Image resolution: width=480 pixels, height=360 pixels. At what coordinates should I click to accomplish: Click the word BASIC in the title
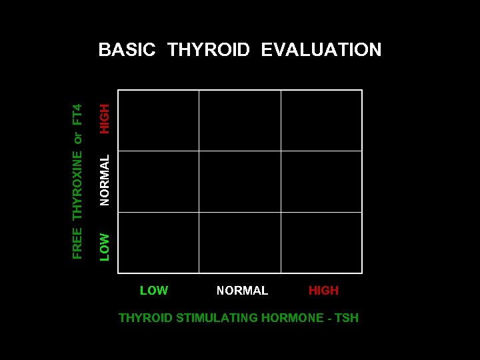127,50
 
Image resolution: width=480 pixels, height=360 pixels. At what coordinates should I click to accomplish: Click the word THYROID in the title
209,50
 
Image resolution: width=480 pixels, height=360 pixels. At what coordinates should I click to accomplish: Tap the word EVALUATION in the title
321,50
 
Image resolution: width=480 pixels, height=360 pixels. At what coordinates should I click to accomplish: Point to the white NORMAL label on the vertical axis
105,180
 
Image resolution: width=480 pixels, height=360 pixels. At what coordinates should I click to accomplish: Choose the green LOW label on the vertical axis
105,246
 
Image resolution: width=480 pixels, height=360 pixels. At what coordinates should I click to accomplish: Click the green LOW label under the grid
154,291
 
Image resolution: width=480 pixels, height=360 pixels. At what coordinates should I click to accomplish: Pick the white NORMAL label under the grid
242,291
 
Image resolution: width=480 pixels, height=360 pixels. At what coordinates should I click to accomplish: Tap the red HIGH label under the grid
323,291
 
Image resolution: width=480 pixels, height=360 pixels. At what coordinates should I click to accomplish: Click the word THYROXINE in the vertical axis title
77,186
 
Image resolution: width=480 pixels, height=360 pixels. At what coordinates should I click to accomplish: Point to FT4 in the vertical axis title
77,114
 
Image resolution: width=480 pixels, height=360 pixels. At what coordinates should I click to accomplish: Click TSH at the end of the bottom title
346,318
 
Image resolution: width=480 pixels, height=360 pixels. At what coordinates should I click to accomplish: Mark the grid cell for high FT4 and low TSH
159,121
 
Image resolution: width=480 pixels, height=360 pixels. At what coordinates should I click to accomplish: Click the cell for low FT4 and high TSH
321,243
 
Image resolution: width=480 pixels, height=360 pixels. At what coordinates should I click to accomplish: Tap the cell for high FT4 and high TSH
321,121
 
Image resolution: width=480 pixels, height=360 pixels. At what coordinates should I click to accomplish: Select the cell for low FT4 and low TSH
159,243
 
